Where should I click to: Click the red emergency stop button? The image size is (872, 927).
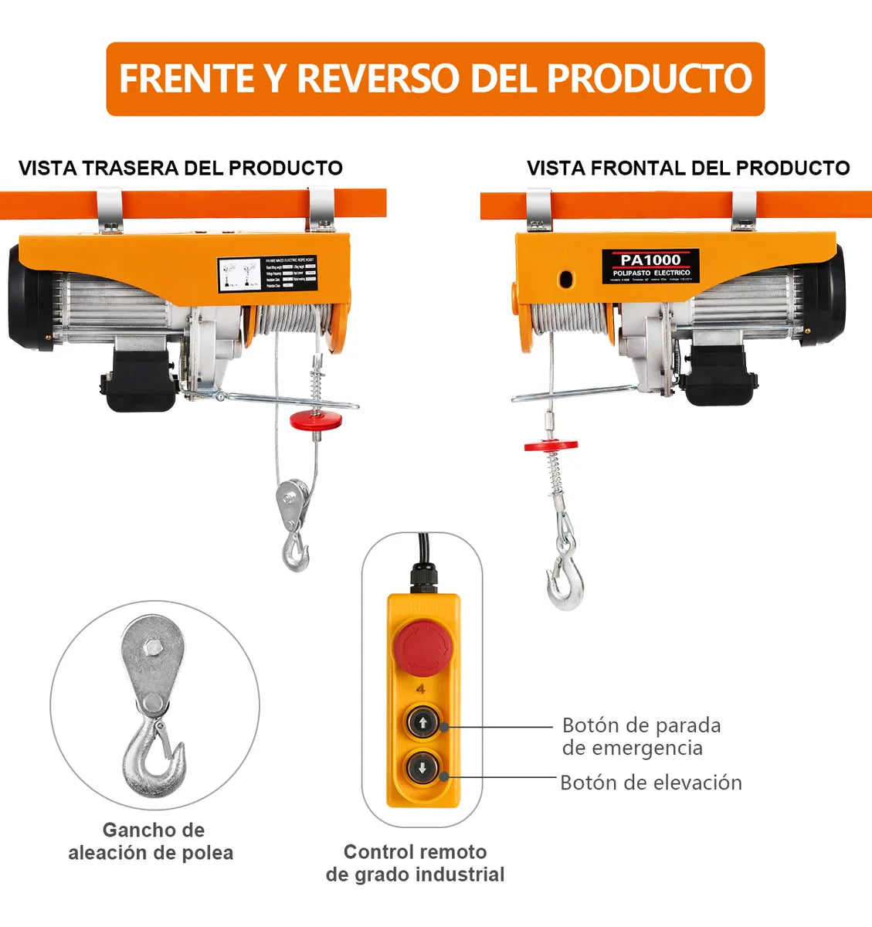422,648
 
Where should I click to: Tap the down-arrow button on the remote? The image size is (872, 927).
422,769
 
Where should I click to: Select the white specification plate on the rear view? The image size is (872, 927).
267,274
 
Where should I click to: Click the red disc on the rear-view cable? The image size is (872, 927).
316,421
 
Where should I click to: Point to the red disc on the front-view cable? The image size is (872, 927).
551,445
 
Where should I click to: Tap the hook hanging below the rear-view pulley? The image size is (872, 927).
294,550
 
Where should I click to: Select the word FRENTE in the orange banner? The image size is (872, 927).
186,78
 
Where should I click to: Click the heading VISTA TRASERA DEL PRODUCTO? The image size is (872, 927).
181,168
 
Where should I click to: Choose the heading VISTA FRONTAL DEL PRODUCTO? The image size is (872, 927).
688,168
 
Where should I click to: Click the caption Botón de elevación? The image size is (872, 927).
650,783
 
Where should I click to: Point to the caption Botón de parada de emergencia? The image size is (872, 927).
641,736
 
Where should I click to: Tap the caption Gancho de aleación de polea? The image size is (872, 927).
151,841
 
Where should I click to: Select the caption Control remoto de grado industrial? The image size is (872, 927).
415,863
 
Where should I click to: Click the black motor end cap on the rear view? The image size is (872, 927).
29,297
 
